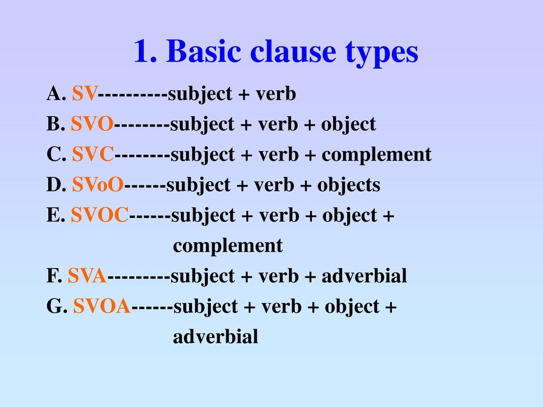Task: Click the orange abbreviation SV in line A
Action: (85, 93)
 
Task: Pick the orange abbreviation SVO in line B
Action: (92, 124)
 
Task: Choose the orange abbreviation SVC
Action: (93, 154)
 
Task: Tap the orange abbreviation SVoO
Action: (98, 184)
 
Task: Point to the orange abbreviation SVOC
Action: (100, 215)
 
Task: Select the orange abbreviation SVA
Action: (87, 276)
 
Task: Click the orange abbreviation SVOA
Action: (102, 306)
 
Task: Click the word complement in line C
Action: (377, 155)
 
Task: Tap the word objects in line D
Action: (349, 185)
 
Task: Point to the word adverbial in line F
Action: (364, 276)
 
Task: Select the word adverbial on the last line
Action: (215, 337)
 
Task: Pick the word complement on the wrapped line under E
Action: (228, 246)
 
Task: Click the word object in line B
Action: (348, 124)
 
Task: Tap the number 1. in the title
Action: (145, 51)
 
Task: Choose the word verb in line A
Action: (276, 94)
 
